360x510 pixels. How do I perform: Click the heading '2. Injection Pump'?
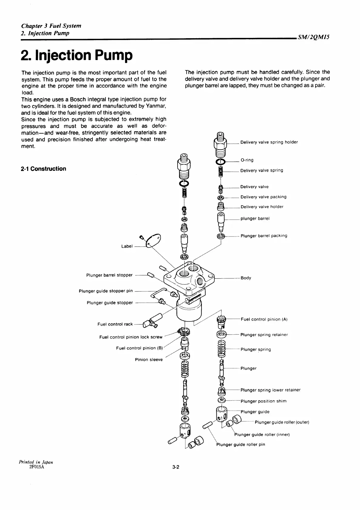click(x=77, y=56)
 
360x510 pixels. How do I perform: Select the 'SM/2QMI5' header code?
click(x=313, y=37)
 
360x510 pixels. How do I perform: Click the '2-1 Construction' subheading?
click(x=43, y=169)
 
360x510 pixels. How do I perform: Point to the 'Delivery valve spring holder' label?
click(x=269, y=142)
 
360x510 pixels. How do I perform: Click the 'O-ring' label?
click(x=247, y=160)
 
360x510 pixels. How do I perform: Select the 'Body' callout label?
click(x=246, y=278)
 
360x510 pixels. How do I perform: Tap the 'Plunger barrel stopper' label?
click(x=109, y=275)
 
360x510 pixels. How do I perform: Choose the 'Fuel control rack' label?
click(x=115, y=324)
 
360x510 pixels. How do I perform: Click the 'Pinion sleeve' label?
click(x=149, y=360)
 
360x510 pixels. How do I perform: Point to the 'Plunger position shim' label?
click(x=264, y=401)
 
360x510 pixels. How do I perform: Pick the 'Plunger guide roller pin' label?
click(x=241, y=445)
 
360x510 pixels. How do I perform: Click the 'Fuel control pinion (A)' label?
click(x=264, y=319)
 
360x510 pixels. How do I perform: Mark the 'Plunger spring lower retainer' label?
click(x=270, y=390)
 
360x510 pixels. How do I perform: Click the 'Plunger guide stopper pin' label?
click(x=106, y=291)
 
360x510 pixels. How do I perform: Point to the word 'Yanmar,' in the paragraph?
click(x=155, y=106)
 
